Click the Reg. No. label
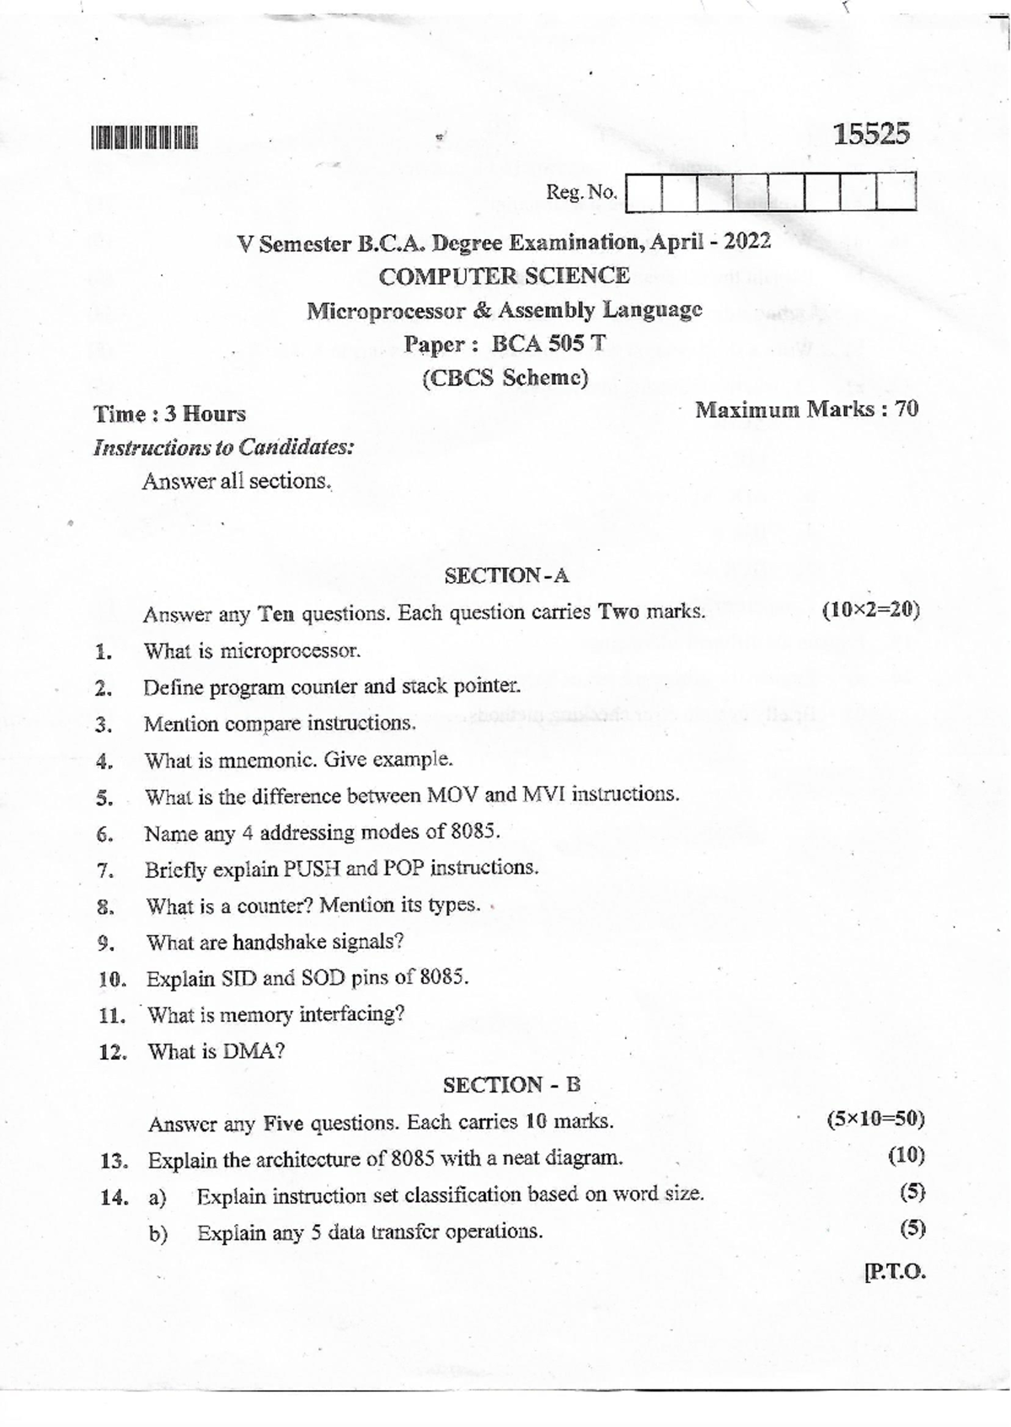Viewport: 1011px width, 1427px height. [x=581, y=192]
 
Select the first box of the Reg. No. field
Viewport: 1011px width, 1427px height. [x=645, y=192]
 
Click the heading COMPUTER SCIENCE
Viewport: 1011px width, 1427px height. [x=504, y=275]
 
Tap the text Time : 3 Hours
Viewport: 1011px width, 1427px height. [x=169, y=414]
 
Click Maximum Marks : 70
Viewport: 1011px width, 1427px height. [x=806, y=409]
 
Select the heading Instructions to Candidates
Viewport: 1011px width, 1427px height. [x=223, y=446]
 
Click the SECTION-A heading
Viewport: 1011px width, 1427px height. [x=506, y=575]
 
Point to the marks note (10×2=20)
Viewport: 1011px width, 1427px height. [x=870, y=610]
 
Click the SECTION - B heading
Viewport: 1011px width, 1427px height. [x=511, y=1085]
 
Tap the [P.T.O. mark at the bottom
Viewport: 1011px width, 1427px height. [x=894, y=1271]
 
